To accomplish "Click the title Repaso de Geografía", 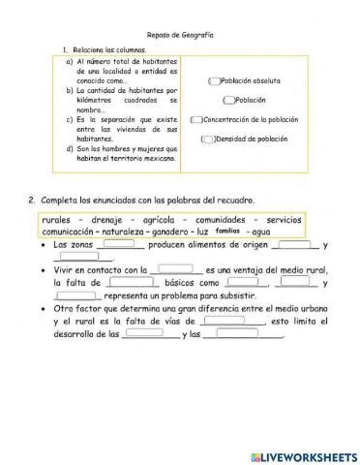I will click(181, 34).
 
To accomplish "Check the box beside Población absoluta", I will click(214, 81).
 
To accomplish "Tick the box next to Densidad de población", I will click(207, 139).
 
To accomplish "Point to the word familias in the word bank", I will click(227, 232).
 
